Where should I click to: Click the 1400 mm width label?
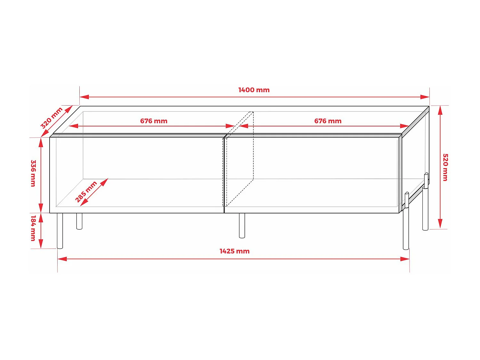[x=254, y=90]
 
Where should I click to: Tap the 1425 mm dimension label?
[x=234, y=251]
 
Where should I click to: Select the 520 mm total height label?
[x=445, y=167]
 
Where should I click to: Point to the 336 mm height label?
[x=33, y=173]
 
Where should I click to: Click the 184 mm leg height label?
[x=33, y=228]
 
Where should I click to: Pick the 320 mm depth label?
[x=51, y=118]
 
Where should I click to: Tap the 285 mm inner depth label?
[x=86, y=192]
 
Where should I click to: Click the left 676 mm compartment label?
[x=154, y=121]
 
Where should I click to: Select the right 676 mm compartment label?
[x=328, y=121]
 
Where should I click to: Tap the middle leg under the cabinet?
[x=242, y=225]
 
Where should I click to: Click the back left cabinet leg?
[x=79, y=221]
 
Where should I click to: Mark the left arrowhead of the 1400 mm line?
[x=84, y=97]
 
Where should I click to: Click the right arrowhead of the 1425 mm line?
[x=405, y=259]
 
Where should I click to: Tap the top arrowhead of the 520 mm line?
[x=440, y=110]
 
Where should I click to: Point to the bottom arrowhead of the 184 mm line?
[x=41, y=244]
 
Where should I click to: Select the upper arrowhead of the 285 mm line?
[x=104, y=182]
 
